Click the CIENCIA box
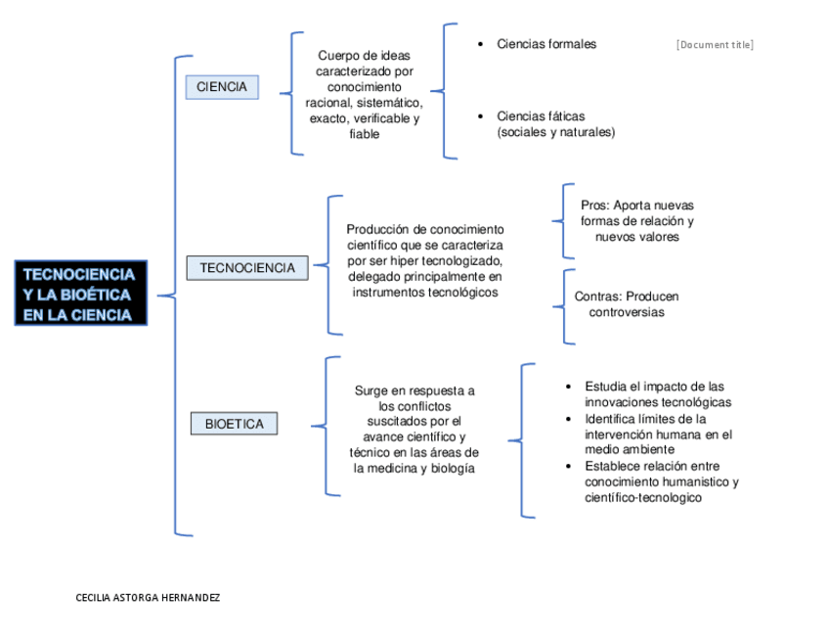[x=222, y=87]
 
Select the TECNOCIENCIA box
[x=247, y=268]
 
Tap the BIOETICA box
[x=234, y=424]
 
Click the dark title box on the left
[x=80, y=294]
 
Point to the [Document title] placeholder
[x=715, y=45]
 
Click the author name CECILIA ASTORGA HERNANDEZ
[x=148, y=597]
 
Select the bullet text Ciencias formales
[x=546, y=44]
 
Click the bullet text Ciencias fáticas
[x=541, y=116]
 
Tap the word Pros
[x=594, y=206]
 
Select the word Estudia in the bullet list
[x=607, y=387]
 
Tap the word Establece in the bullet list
[x=614, y=466]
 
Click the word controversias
[x=626, y=312]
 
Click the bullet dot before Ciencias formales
[x=479, y=44]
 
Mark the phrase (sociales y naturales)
[x=556, y=132]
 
